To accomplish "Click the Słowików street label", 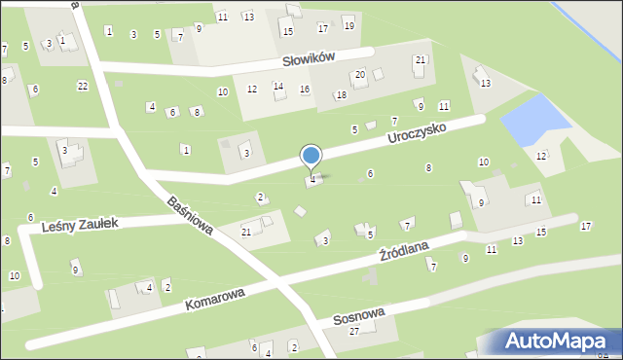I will pyautogui.click(x=309, y=57).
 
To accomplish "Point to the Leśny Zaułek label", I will pyautogui.click(x=81, y=224).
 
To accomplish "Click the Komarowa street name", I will pyautogui.click(x=217, y=298).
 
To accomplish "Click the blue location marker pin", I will pyautogui.click(x=311, y=157).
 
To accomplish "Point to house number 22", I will pyautogui.click(x=83, y=87).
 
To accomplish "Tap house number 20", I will pyautogui.click(x=360, y=75).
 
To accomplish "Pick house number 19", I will pyautogui.click(x=348, y=24).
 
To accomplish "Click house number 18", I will pyautogui.click(x=341, y=95).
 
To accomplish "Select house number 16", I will pyautogui.click(x=305, y=90).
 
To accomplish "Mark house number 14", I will pyautogui.click(x=278, y=87).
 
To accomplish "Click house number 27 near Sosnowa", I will pyautogui.click(x=354, y=332).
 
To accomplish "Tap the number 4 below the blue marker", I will pyautogui.click(x=312, y=180).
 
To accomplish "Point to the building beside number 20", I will pyautogui.click(x=379, y=74).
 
